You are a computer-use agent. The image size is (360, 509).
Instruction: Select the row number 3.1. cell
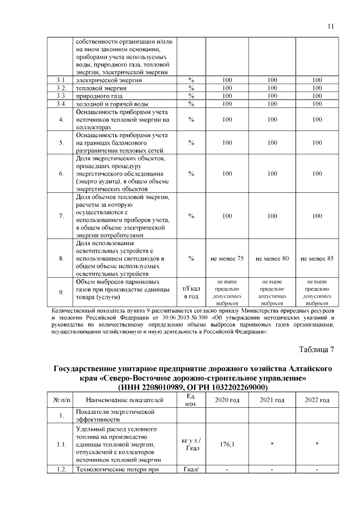click(61, 80)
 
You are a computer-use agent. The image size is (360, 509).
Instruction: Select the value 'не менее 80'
click(272, 258)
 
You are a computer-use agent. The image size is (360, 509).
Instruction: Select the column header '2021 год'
click(272, 400)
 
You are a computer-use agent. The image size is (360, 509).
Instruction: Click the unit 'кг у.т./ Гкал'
click(191, 444)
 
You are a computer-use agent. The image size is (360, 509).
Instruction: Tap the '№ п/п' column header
click(61, 400)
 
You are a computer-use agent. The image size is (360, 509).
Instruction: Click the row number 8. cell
click(61, 258)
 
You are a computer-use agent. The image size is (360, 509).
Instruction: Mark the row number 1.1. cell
click(61, 444)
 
